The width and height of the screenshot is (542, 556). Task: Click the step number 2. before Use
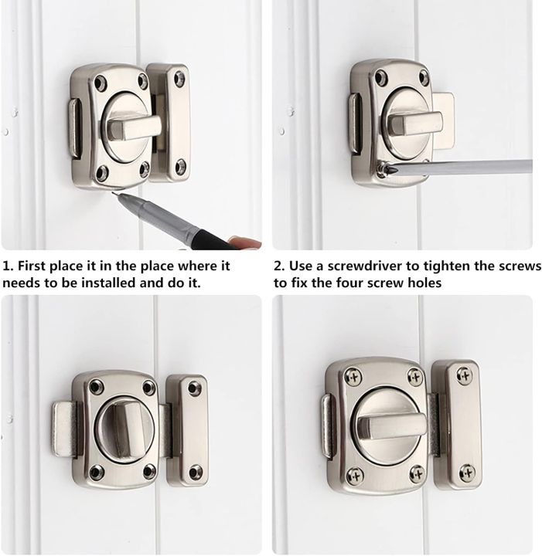(279, 266)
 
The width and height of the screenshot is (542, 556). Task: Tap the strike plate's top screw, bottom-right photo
(464, 376)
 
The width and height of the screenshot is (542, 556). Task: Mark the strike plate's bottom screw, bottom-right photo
(466, 471)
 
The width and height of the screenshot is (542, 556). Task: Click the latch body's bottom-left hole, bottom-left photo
(96, 470)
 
